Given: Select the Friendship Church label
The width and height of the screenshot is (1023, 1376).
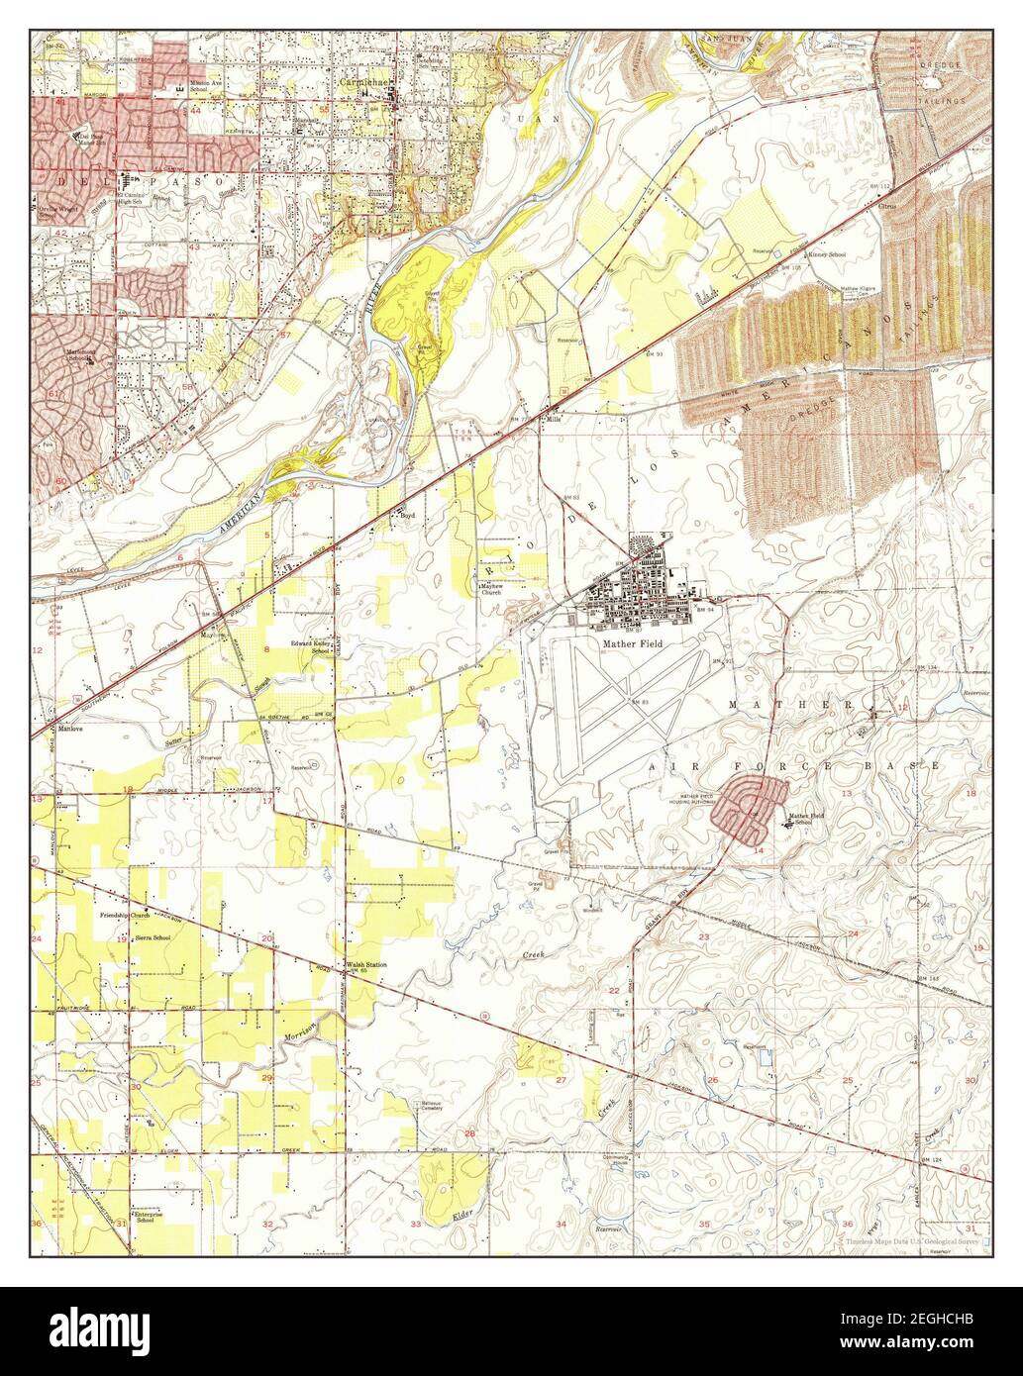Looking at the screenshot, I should (124, 915).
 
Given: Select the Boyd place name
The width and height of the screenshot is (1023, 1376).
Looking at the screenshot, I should (405, 515).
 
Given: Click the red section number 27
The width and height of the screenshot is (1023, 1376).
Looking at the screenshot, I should (561, 1080).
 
